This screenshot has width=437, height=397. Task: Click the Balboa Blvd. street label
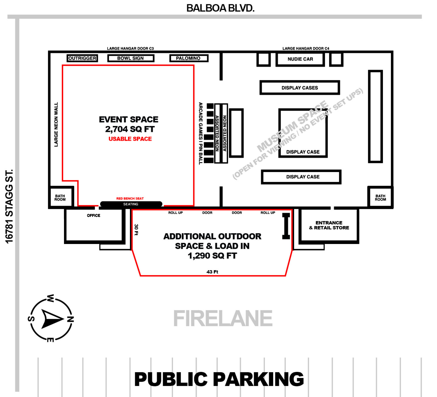pyautogui.click(x=220, y=8)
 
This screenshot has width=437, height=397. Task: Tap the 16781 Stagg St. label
pyautogui.click(x=9, y=206)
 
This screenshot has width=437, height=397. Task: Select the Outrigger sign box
pyautogui.click(x=82, y=58)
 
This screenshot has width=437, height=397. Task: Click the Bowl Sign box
pyautogui.click(x=131, y=58)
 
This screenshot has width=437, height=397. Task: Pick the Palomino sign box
pyautogui.click(x=188, y=58)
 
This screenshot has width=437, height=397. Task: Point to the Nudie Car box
pyautogui.click(x=300, y=59)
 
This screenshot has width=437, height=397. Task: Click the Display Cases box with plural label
pyautogui.click(x=300, y=88)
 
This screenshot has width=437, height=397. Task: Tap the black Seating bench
pyautogui.click(x=131, y=204)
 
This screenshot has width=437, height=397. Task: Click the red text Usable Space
pyautogui.click(x=130, y=139)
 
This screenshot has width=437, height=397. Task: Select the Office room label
pyautogui.click(x=94, y=216)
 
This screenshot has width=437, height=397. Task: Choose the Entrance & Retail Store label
pyautogui.click(x=329, y=225)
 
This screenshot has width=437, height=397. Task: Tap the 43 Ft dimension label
pyautogui.click(x=212, y=272)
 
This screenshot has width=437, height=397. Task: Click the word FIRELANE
pyautogui.click(x=223, y=319)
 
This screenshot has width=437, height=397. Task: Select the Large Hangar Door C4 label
pyautogui.click(x=306, y=49)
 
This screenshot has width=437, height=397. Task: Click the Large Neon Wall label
pyautogui.click(x=56, y=125)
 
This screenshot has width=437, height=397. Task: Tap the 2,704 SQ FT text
pyautogui.click(x=130, y=129)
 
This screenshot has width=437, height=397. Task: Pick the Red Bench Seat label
pyautogui.click(x=130, y=198)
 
